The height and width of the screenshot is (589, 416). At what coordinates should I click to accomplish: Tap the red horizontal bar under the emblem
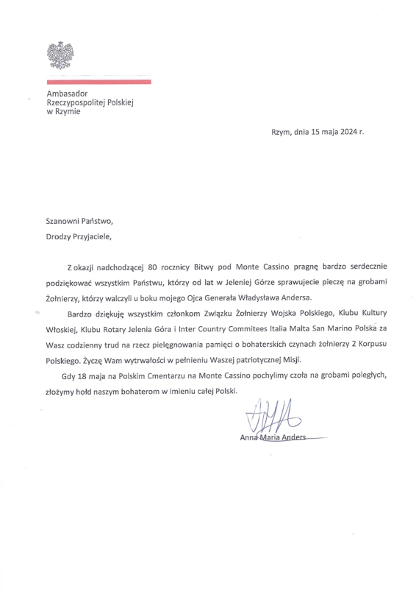click(x=98, y=81)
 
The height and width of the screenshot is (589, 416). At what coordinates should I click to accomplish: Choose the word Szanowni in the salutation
click(x=65, y=221)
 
